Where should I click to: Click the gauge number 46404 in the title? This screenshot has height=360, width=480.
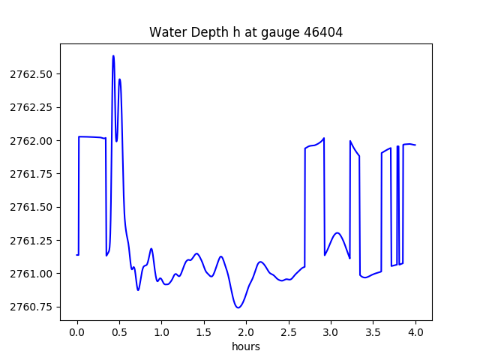[325, 32]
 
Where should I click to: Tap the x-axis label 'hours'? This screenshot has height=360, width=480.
[246, 347]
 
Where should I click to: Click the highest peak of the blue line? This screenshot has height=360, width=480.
[113, 56]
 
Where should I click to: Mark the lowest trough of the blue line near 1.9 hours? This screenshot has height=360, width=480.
[238, 307]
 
